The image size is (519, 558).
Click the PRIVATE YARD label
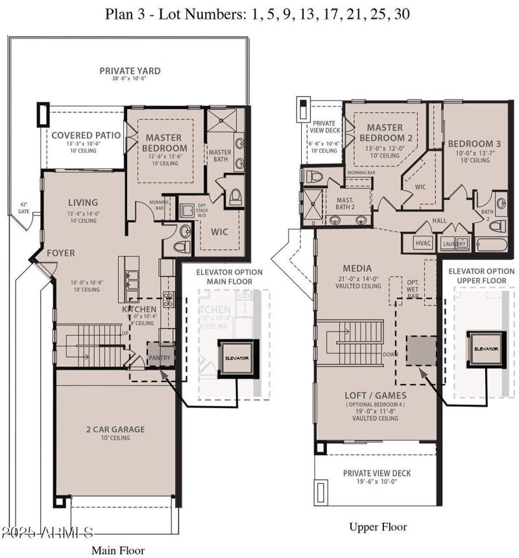tap(130, 71)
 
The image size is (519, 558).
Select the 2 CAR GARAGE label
tap(115, 429)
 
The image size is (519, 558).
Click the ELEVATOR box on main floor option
tap(237, 358)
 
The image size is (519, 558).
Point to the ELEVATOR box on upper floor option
tap(486, 349)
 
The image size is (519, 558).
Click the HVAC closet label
tap(422, 243)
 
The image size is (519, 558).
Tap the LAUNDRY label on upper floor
tap(454, 244)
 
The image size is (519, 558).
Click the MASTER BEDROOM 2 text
tap(385, 133)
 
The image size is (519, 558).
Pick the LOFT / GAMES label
tap(376, 394)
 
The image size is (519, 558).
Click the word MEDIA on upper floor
tap(357, 268)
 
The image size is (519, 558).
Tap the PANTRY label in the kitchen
tap(160, 357)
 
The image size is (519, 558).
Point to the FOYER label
tap(60, 253)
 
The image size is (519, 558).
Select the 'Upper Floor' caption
tap(378, 527)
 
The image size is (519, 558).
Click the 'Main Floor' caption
tap(118, 550)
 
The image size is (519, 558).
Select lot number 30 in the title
tap(401, 14)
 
